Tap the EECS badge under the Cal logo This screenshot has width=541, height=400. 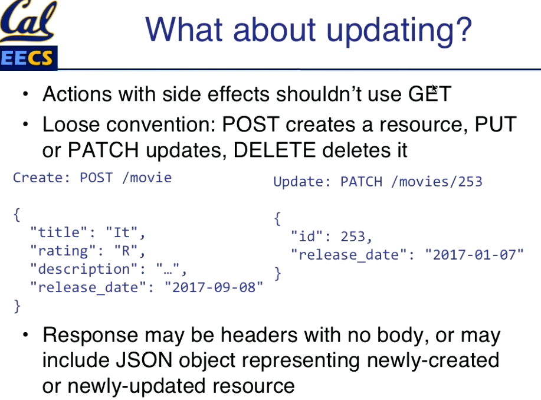click(x=28, y=58)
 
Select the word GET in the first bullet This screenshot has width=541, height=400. click(x=429, y=94)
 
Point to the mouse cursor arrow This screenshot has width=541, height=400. click(x=434, y=89)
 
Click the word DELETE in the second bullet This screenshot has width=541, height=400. click(x=274, y=150)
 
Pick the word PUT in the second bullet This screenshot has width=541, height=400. click(x=496, y=124)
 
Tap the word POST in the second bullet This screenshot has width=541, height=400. click(x=251, y=124)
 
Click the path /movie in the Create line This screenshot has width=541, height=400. click(x=147, y=178)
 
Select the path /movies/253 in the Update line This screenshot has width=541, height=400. click(x=437, y=182)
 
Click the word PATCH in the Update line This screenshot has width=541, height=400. click(x=361, y=182)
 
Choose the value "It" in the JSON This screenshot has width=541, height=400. click(x=121, y=232)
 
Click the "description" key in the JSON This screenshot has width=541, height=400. click(x=84, y=269)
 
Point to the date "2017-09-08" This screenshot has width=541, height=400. click(x=214, y=287)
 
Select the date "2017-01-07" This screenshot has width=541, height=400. click(x=474, y=255)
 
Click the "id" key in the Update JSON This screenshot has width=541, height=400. click(x=307, y=237)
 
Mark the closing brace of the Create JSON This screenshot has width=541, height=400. click(x=17, y=306)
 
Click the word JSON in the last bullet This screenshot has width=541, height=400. click(x=144, y=360)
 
